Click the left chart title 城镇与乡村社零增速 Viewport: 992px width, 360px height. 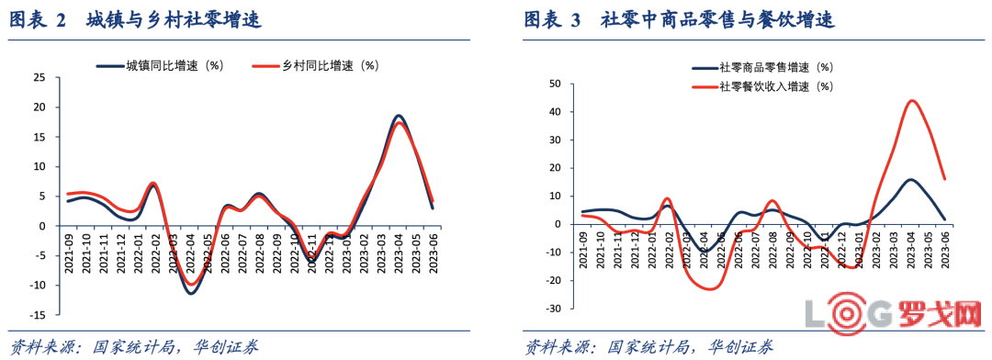pyautogui.click(x=174, y=20)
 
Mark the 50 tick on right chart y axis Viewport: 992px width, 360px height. pyautogui.click(x=555, y=84)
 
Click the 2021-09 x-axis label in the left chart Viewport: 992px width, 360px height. pyautogui.click(x=71, y=249)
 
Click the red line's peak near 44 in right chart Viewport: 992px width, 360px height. pyautogui.click(x=911, y=101)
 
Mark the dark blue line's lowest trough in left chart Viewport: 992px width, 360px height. pyautogui.click(x=191, y=293)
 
